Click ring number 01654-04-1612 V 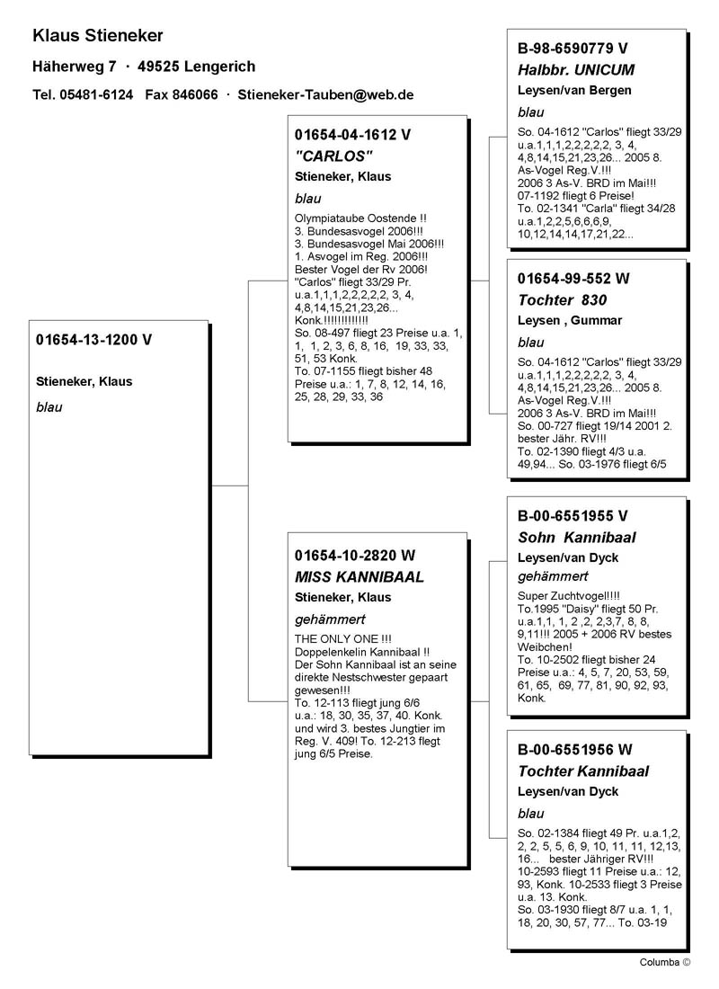(x=352, y=135)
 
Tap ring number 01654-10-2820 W (x=356, y=555)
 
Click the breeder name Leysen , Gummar (x=570, y=321)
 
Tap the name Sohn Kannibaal (x=577, y=538)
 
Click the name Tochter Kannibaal (x=583, y=771)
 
